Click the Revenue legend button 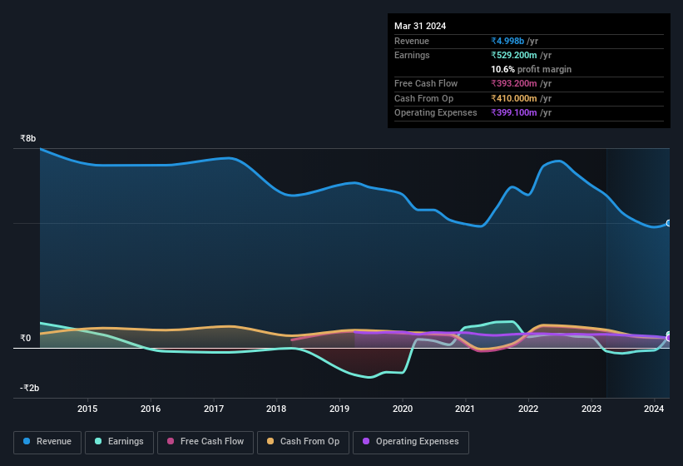point(48,442)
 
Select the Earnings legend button point(119,442)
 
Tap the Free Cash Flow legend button point(205,442)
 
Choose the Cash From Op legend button point(303,442)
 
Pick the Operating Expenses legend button point(411,442)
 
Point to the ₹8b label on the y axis point(28,139)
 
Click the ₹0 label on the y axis point(26,339)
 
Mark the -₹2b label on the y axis point(30,389)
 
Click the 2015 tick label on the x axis point(87,409)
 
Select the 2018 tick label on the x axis point(276,409)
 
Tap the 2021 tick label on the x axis point(465,409)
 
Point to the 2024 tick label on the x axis point(654,409)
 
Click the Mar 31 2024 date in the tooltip point(420,26)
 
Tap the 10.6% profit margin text point(532,69)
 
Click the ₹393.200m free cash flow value point(521,84)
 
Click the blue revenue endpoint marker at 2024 point(669,223)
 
